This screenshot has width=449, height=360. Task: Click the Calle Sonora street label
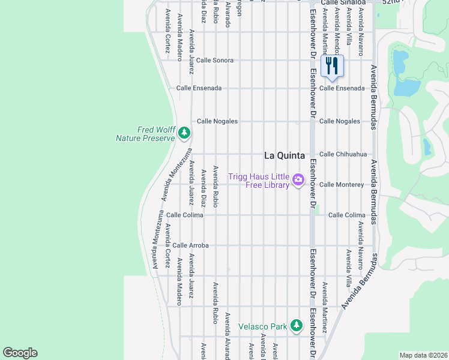[x=214, y=61]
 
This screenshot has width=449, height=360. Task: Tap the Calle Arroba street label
[x=190, y=245]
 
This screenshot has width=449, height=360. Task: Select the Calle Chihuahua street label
[x=343, y=154]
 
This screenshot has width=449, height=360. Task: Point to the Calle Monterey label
[x=342, y=185]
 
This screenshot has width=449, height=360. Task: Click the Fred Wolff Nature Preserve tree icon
[x=184, y=133]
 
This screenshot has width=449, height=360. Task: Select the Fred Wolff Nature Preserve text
[x=145, y=133]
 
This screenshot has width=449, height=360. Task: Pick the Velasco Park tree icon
[x=296, y=326]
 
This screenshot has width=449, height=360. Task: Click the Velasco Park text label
[x=263, y=326]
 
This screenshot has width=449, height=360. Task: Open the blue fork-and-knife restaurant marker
[x=332, y=65]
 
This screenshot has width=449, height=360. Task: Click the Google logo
[x=20, y=353]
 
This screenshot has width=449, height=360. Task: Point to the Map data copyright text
[x=423, y=355]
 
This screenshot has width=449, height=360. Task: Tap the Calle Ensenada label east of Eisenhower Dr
[x=342, y=88]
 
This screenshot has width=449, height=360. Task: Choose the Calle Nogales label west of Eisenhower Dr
[x=217, y=121]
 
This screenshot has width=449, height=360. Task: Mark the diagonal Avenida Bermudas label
[x=360, y=281]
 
